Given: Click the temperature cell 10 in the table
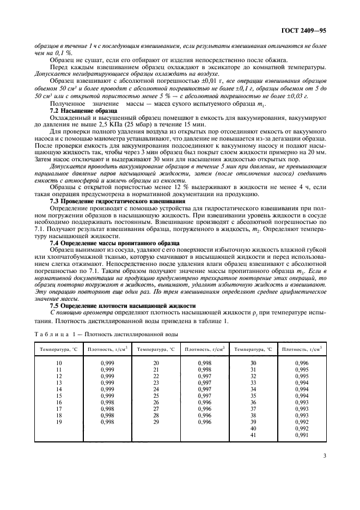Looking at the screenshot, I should tap(59, 362).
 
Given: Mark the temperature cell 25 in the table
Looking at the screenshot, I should tap(156, 395).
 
